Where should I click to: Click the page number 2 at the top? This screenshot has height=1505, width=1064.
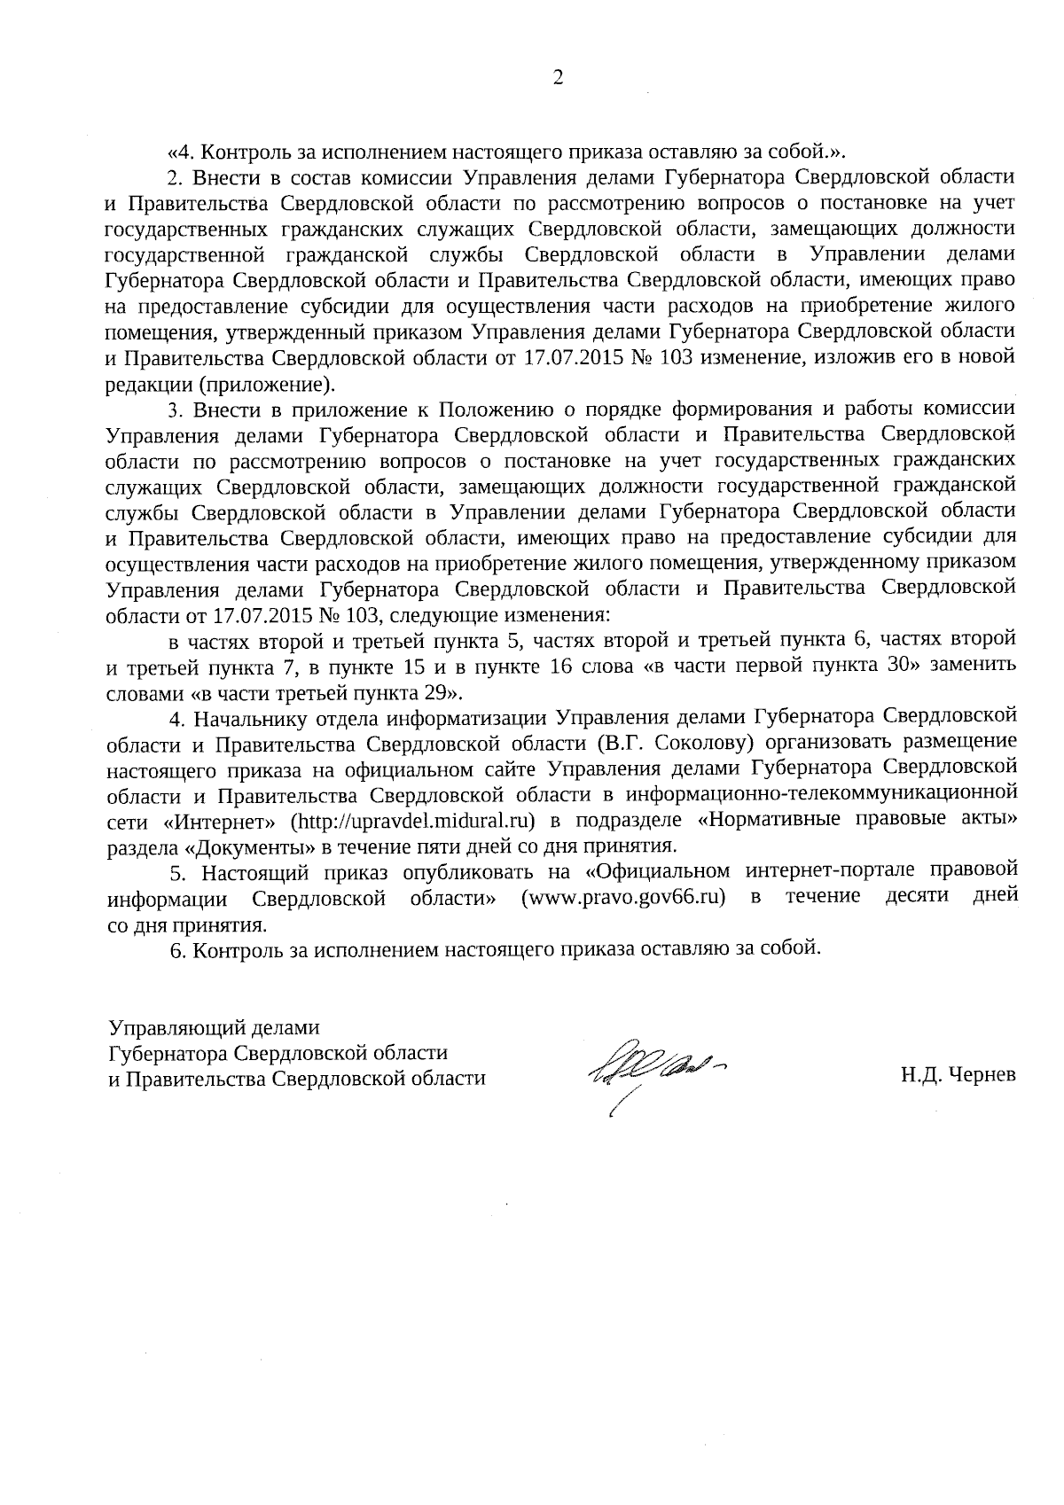point(558,78)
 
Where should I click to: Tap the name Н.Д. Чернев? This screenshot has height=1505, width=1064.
point(958,1076)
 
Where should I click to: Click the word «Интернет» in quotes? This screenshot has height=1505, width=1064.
point(222,819)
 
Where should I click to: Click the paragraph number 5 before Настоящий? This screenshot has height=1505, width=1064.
point(175,872)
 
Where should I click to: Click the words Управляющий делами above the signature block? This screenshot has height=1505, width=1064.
point(213,1027)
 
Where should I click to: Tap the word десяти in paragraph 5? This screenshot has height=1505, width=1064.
point(917,897)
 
